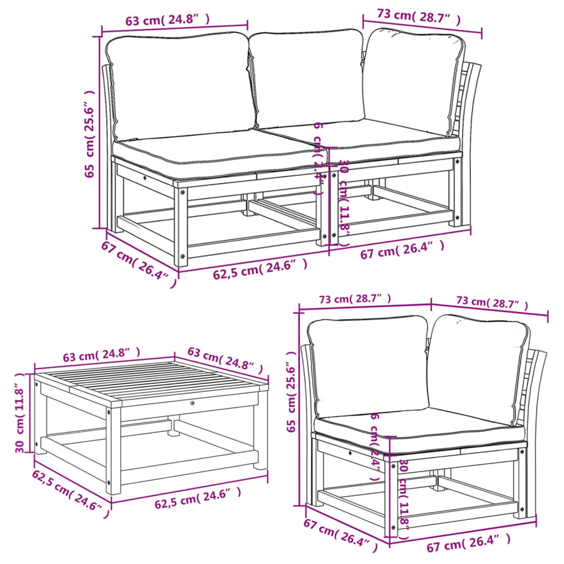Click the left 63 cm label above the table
click(x=101, y=355)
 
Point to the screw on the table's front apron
click(x=192, y=404)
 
